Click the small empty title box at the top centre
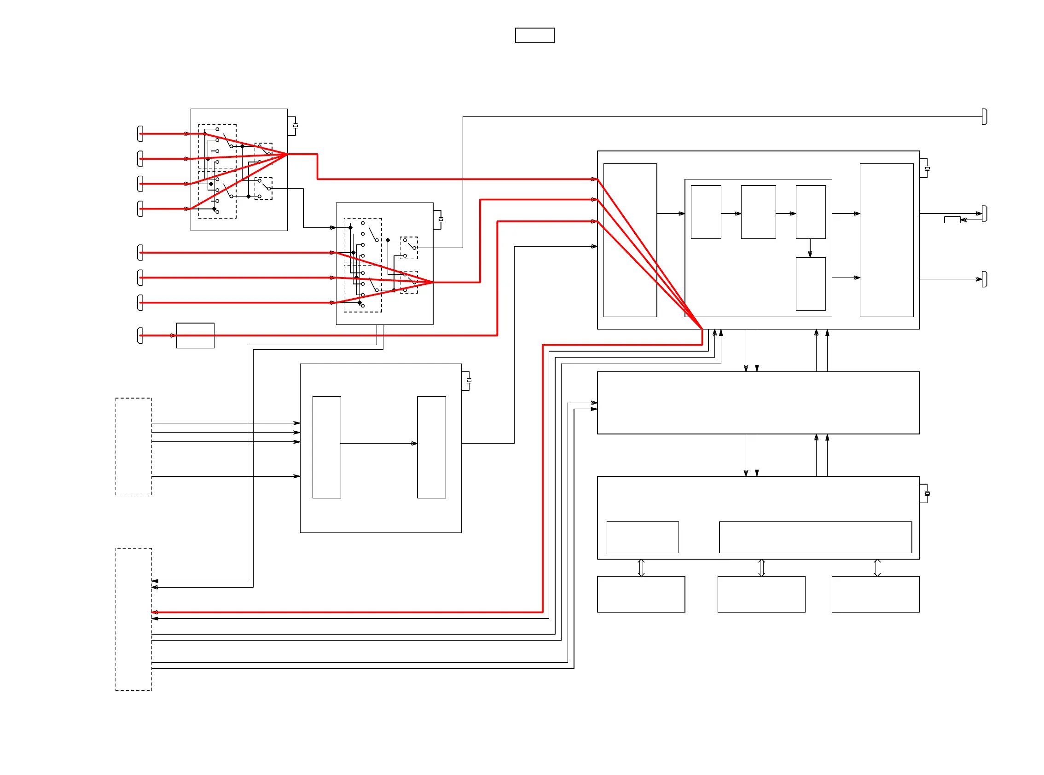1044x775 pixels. click(534, 35)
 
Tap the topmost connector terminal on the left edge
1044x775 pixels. click(140, 134)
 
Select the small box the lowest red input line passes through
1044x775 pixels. click(195, 335)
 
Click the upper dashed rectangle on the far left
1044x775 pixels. click(134, 446)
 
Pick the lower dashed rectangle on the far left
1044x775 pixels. click(134, 619)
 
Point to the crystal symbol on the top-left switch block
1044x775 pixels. click(295, 126)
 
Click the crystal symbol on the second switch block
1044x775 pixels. click(441, 220)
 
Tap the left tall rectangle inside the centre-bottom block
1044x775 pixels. click(326, 447)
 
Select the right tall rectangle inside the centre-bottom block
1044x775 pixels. click(431, 447)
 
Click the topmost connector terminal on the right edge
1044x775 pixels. click(985, 117)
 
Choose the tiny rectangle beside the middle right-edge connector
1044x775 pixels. click(952, 220)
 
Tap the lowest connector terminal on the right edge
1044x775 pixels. click(985, 279)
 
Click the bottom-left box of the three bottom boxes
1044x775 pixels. click(641, 594)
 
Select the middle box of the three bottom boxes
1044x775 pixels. click(761, 594)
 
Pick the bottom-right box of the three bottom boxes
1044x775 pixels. click(875, 594)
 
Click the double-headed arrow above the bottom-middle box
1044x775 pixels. click(761, 567)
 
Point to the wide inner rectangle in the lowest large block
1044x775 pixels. click(815, 537)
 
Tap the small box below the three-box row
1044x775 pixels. click(810, 284)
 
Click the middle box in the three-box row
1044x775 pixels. click(758, 212)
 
